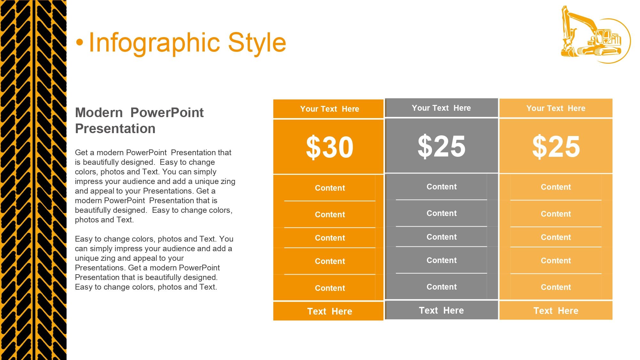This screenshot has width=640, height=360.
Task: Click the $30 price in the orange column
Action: point(330,147)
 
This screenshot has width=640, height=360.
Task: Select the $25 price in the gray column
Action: point(442,146)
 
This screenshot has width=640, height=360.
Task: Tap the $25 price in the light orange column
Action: point(556,147)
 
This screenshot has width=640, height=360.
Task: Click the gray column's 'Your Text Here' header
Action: point(441,108)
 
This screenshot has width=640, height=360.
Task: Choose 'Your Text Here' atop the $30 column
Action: point(330,109)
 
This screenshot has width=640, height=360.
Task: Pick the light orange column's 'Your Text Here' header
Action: point(556,108)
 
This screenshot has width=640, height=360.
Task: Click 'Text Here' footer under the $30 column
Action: point(330,311)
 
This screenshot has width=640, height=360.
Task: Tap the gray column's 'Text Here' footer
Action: point(441,310)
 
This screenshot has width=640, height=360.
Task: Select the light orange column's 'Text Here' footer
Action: point(556,311)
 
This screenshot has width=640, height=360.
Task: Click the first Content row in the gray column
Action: point(442,187)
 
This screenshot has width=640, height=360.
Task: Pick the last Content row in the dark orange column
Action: point(330,288)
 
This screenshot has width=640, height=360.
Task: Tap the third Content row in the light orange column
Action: point(556,237)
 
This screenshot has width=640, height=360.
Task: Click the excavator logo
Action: point(596,35)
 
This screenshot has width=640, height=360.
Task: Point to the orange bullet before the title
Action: point(80,43)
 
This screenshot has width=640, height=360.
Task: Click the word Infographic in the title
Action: point(155,43)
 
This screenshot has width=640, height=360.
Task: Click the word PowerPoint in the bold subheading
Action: point(167,113)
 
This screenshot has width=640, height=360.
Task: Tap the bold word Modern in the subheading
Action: point(99,113)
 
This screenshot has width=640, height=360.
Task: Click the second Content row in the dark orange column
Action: point(330,215)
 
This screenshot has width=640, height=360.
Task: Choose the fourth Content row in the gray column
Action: point(442,260)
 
